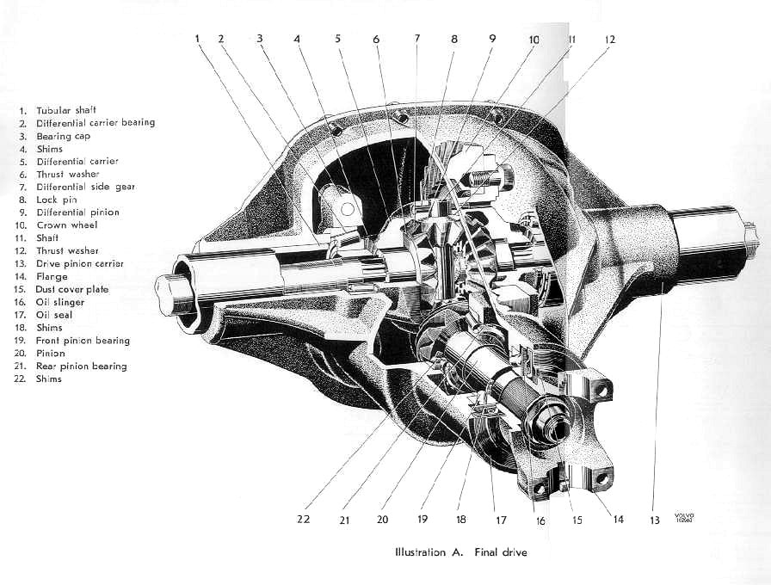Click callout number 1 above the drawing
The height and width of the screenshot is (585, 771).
click(197, 38)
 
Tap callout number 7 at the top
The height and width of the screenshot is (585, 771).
click(416, 39)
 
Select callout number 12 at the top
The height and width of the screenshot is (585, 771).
click(609, 39)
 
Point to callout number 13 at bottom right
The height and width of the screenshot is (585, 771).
click(656, 520)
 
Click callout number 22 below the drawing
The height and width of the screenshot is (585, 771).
click(304, 520)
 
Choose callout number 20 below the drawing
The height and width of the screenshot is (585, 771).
click(383, 520)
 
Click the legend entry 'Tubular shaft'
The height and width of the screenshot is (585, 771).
click(65, 110)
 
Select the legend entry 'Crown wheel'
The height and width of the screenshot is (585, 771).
click(66, 225)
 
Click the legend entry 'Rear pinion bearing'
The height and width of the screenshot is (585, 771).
click(81, 366)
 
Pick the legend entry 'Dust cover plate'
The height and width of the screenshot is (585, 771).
click(72, 289)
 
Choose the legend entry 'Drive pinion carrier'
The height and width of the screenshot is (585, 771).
click(79, 263)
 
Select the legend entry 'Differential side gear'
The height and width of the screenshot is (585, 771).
click(85, 187)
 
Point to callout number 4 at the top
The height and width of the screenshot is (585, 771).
click(297, 39)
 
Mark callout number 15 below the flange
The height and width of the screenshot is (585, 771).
click(577, 520)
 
